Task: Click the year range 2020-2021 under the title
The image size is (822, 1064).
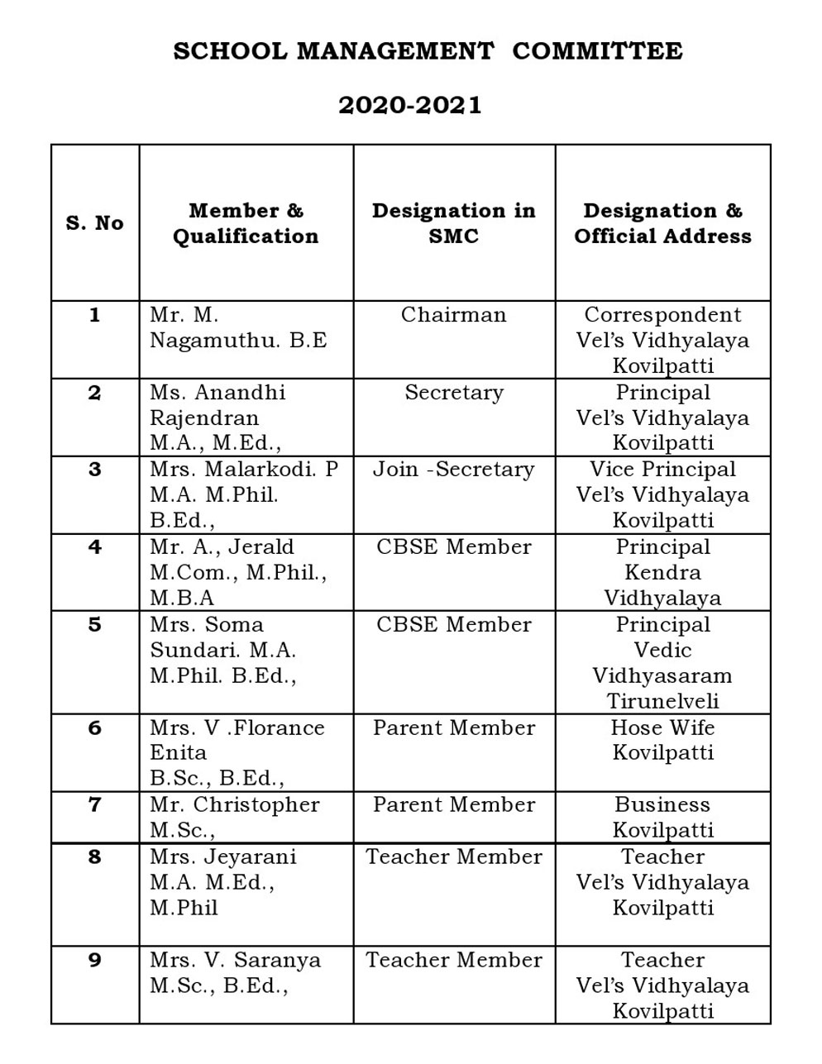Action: coord(409,106)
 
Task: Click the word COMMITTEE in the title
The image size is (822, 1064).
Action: coord(597,51)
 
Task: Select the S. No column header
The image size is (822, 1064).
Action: coord(95,223)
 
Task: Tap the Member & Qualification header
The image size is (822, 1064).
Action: coord(246,223)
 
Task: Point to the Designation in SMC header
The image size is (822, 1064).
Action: coord(454,223)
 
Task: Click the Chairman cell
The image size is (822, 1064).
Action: coord(454,315)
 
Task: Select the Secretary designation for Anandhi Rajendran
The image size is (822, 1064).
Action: coord(454,393)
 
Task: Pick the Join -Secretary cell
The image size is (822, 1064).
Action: coord(454,470)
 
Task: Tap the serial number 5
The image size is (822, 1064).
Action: coord(95,625)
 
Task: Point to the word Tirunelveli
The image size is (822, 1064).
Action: coord(662,701)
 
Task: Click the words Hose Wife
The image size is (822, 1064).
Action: coord(662,728)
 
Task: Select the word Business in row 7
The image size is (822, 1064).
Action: coord(662,805)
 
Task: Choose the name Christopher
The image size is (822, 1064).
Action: coord(256,805)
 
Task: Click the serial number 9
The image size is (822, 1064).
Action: coord(95,960)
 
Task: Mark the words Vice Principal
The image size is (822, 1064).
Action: coord(662,470)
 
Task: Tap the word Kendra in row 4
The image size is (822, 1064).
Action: coord(662,572)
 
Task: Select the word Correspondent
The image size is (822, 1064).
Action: coord(662,315)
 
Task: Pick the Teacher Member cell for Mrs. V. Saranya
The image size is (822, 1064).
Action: coord(454,960)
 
